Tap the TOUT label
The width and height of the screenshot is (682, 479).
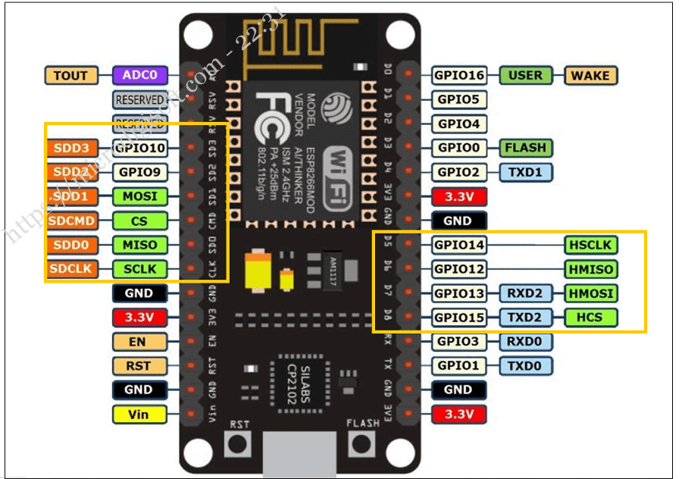coord(70,75)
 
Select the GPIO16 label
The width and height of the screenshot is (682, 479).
coord(459,75)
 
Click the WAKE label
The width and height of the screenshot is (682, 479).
coord(590,75)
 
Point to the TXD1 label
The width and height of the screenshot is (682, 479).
coord(525,172)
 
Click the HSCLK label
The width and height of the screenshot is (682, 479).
coord(590,245)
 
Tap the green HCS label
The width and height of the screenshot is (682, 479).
coord(590,318)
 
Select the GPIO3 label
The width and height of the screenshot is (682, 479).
coord(459,342)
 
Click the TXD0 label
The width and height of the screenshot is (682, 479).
coord(525,366)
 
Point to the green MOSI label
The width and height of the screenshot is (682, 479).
coord(139,196)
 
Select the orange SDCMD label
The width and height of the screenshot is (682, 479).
coord(70,221)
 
